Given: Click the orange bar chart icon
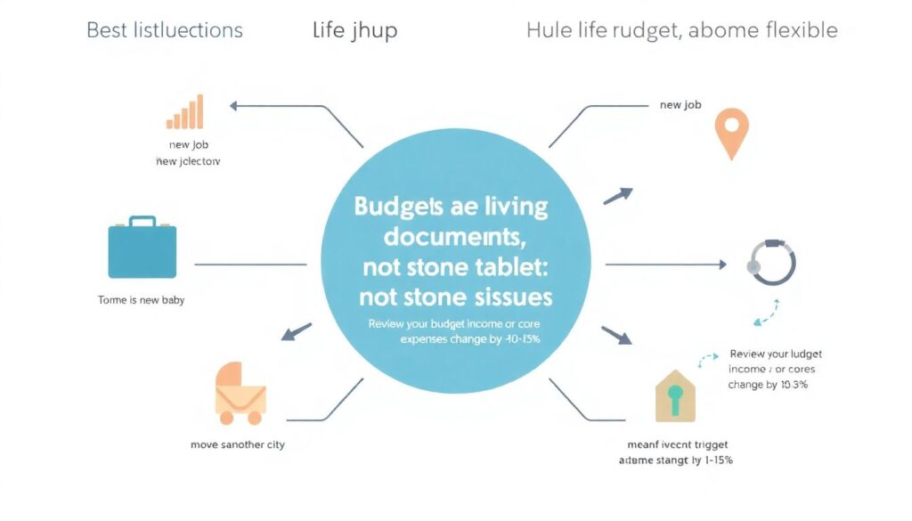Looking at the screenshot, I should tap(184, 112).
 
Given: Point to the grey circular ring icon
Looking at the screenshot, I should tap(772, 263).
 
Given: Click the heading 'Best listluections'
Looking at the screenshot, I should tap(164, 30).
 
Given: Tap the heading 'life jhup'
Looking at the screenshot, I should tap(354, 30).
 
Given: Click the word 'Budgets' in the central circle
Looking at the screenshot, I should tap(396, 207).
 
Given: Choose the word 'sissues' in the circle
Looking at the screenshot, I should tap(506, 297).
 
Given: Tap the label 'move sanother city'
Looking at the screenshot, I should tap(238, 444).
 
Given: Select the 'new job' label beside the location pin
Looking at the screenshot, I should tap(680, 105).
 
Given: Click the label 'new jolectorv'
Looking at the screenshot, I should tap(188, 161).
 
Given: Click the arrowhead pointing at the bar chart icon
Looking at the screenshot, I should tap(234, 105).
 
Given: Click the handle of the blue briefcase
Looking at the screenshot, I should tap(142, 220).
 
